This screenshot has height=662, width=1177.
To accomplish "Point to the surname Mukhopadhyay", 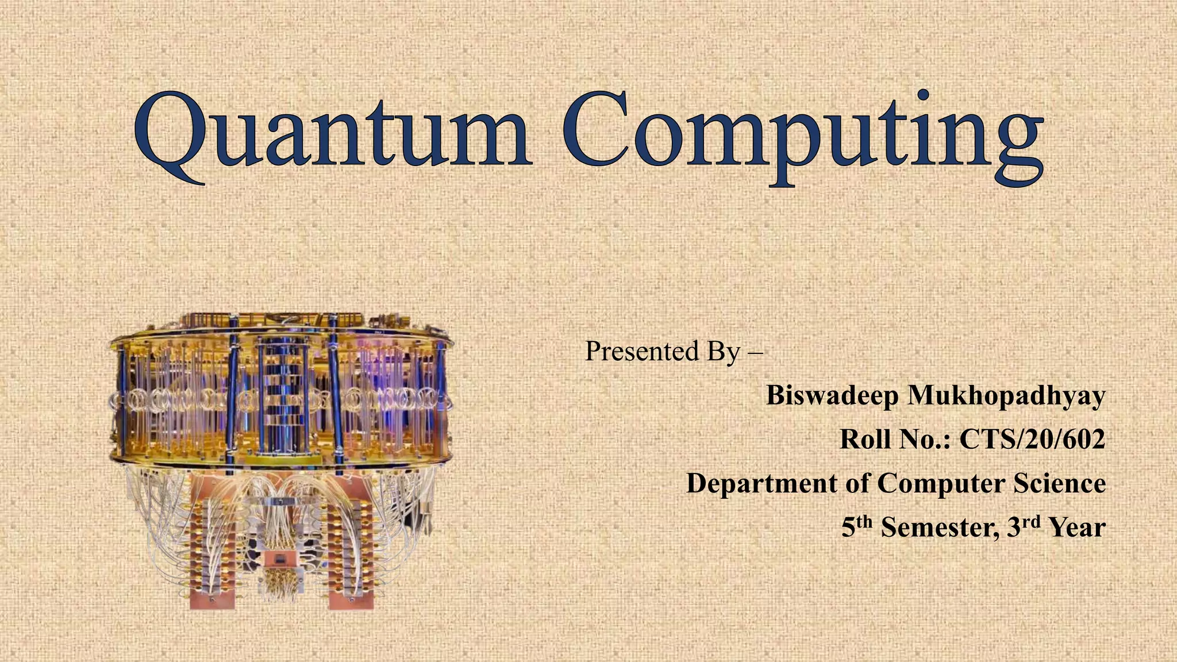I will pos(1006,397).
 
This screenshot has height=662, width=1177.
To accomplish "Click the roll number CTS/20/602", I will pos(1032,440).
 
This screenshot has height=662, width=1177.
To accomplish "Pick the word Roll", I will pos(866,440).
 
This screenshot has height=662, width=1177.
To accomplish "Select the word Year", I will pos(1077,528).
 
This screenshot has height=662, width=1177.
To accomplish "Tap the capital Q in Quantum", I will pos(170,136).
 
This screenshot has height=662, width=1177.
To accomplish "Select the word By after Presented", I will pos(723,352).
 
